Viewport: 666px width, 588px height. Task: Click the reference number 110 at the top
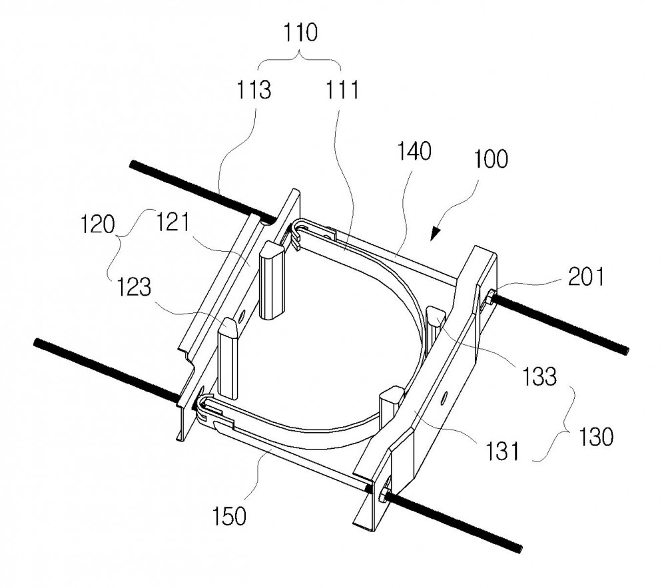pyautogui.click(x=301, y=33)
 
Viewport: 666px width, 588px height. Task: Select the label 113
pyautogui.click(x=254, y=90)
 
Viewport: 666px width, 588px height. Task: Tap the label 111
pyautogui.click(x=342, y=90)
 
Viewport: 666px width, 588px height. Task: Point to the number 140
pyautogui.click(x=414, y=152)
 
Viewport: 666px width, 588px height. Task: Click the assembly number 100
pyautogui.click(x=491, y=158)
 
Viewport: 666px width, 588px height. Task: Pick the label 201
pyautogui.click(x=586, y=278)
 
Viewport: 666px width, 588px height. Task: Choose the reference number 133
pyautogui.click(x=539, y=376)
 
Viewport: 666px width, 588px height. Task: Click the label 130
pyautogui.click(x=596, y=436)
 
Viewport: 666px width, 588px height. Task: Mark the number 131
pyautogui.click(x=502, y=451)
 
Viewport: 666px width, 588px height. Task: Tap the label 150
pyautogui.click(x=229, y=516)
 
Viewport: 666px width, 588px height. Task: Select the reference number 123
pyautogui.click(x=133, y=287)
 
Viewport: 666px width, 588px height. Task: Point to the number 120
pyautogui.click(x=98, y=224)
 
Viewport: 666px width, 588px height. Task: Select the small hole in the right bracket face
pyautogui.click(x=444, y=398)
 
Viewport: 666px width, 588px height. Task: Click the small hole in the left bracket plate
pyautogui.click(x=242, y=315)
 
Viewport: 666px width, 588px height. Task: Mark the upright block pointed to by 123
pyautogui.click(x=228, y=357)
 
